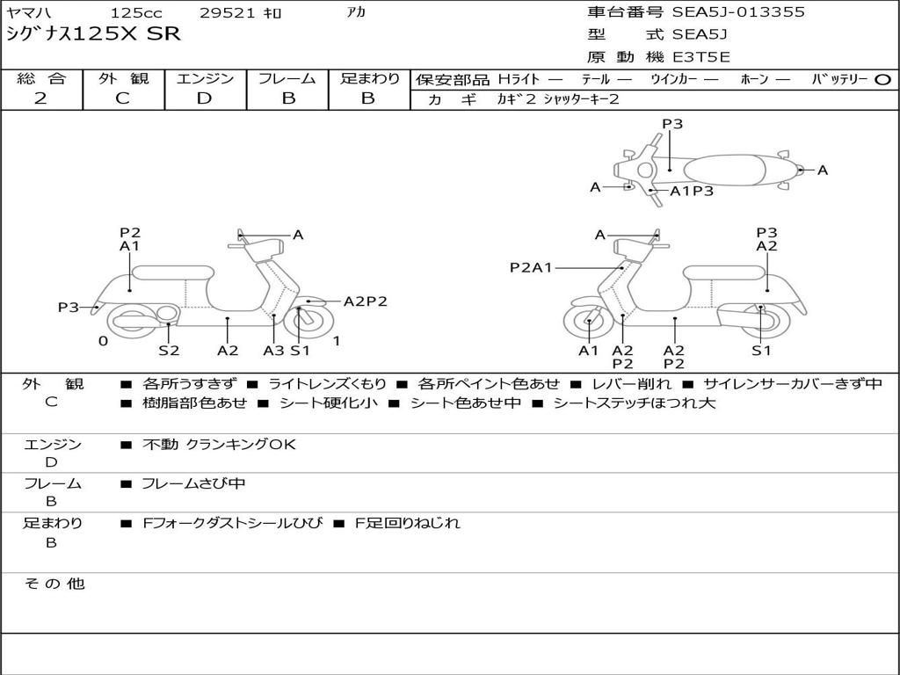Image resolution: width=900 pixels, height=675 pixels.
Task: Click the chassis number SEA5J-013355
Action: pos(738,12)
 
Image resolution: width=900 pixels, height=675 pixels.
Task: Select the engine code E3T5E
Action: pos(701,57)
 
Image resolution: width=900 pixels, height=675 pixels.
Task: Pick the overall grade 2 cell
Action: pos(41,98)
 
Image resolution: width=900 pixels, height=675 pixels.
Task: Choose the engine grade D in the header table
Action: pos(205,98)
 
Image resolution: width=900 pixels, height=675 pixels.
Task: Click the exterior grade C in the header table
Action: pos(123,98)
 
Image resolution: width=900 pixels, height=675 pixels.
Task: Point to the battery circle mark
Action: pos(883,80)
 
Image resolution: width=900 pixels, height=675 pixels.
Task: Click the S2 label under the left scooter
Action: pos(169,351)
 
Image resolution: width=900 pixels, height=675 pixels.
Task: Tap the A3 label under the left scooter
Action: pos(273,351)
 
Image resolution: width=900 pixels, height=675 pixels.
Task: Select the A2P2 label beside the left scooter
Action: pos(365,301)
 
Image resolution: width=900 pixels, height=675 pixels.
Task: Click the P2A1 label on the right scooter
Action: pos(531,267)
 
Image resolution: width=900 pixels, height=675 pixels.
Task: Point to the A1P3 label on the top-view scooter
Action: pos(692,191)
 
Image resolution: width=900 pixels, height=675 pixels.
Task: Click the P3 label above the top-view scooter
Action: pos(672,124)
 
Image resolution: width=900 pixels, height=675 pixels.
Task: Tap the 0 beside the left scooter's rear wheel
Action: pos(103,341)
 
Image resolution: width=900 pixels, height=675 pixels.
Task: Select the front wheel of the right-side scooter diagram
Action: pos(588,323)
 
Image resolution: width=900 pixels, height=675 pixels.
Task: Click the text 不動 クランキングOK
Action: pos(219,445)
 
